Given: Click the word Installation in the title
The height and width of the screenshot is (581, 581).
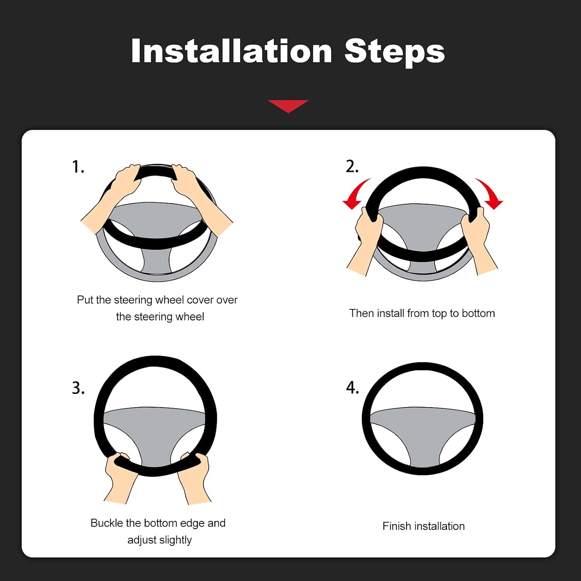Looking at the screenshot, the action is [x=232, y=51].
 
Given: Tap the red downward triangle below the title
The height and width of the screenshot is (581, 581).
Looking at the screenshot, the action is [x=288, y=106].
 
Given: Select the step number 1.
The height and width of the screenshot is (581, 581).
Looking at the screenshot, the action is [x=78, y=167].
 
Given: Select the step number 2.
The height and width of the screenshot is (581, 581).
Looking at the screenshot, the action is [x=352, y=167].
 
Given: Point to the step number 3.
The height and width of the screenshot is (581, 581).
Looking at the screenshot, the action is [x=78, y=388].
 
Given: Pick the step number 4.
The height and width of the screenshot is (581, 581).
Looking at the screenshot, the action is [x=352, y=387].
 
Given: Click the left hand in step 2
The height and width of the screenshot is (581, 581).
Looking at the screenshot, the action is [x=366, y=240].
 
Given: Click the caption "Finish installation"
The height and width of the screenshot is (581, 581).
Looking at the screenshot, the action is [x=423, y=526].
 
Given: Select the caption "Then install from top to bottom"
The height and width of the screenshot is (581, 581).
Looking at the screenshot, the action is [x=422, y=313].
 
